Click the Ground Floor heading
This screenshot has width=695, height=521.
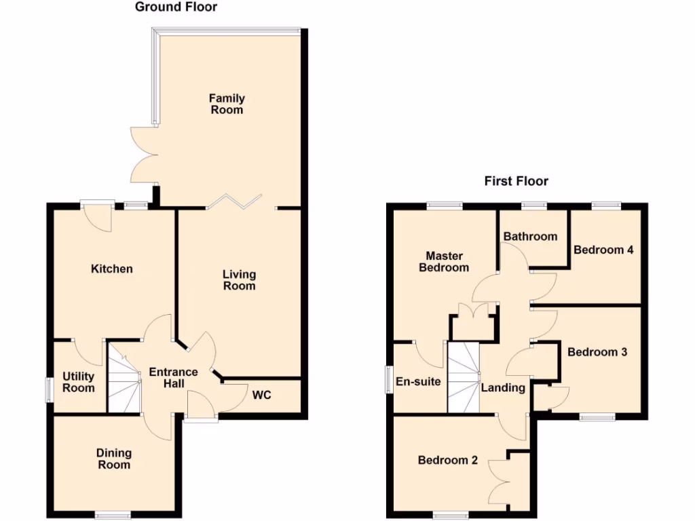pyautogui.click(x=176, y=7)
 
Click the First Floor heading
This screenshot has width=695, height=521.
pyautogui.click(x=516, y=181)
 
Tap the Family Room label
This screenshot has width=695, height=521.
pyautogui.click(x=227, y=104)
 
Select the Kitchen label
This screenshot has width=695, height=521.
pyautogui.click(x=112, y=269)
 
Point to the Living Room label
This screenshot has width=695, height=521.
pyautogui.click(x=240, y=280)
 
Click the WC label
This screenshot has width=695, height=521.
pyautogui.click(x=262, y=395)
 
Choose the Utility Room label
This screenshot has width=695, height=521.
pyautogui.click(x=79, y=382)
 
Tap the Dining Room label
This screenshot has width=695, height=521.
pyautogui.click(x=114, y=459)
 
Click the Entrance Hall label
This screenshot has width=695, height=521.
pyautogui.click(x=173, y=378)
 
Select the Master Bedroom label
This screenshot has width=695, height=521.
pyautogui.click(x=444, y=262)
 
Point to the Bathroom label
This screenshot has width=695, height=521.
pyautogui.click(x=530, y=237)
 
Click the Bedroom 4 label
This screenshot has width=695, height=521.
pyautogui.click(x=603, y=250)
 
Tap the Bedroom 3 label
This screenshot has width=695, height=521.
pyautogui.click(x=597, y=353)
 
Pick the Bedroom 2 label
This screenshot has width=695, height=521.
pyautogui.click(x=447, y=461)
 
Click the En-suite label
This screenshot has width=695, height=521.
pyautogui.click(x=418, y=382)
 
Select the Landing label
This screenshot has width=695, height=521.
pyautogui.click(x=503, y=388)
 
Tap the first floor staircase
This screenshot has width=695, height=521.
pyautogui.click(x=464, y=377)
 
